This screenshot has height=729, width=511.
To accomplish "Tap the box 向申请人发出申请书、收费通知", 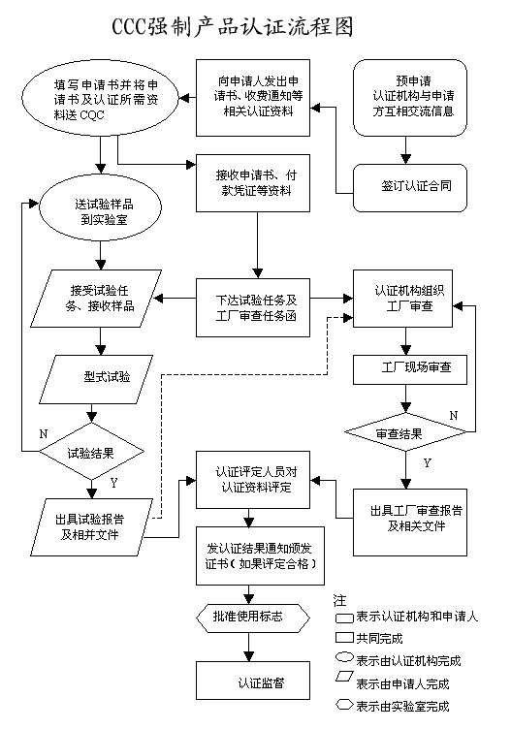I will (255, 97).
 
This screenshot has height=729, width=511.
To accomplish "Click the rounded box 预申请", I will (412, 97).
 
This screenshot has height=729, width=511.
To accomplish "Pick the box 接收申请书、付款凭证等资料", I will (255, 182).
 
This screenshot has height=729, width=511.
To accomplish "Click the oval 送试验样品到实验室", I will (97, 210).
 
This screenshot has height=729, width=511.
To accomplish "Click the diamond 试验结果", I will (93, 452).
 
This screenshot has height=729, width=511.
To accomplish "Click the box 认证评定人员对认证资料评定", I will (255, 479).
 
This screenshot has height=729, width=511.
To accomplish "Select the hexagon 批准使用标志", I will (255, 616).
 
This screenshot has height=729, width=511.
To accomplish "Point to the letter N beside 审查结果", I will (453, 415).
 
